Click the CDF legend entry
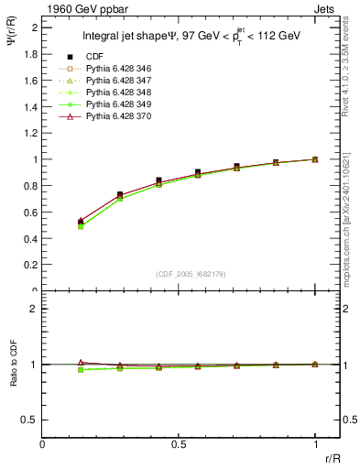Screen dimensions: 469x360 (x=95, y=57)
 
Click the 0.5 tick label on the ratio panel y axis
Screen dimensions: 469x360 (x=29, y=420)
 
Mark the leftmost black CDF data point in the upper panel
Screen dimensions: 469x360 (x=81, y=222)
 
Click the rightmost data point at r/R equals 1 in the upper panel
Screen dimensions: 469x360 (x=315, y=159)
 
